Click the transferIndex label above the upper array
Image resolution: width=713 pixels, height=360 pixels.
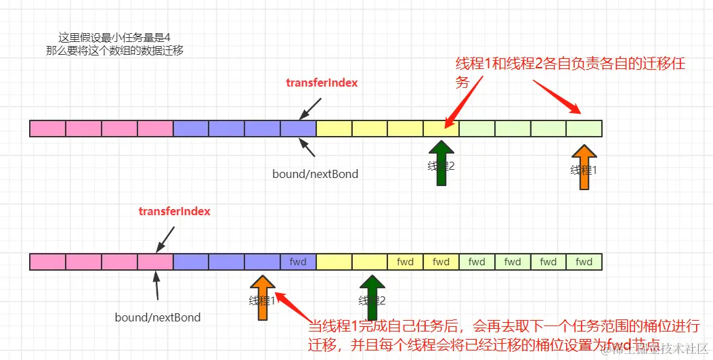click(322, 83)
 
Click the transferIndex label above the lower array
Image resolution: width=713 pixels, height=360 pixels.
click(175, 211)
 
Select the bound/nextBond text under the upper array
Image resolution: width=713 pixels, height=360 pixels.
click(315, 174)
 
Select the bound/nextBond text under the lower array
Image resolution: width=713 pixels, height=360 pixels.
click(158, 317)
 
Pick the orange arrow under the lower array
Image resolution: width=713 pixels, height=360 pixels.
click(263, 296)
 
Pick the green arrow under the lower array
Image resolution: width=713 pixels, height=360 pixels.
click(371, 296)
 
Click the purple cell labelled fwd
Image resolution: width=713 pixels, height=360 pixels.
click(298, 262)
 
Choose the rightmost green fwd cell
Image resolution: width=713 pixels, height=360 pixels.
click(584, 262)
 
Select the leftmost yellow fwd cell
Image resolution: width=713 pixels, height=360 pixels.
click(406, 262)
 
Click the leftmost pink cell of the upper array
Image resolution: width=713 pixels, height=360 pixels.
click(48, 128)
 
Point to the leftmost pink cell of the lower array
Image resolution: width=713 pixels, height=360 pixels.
click(48, 262)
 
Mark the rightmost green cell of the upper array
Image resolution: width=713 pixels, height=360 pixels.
click(584, 128)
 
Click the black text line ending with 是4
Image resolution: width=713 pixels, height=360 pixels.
click(118, 37)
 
